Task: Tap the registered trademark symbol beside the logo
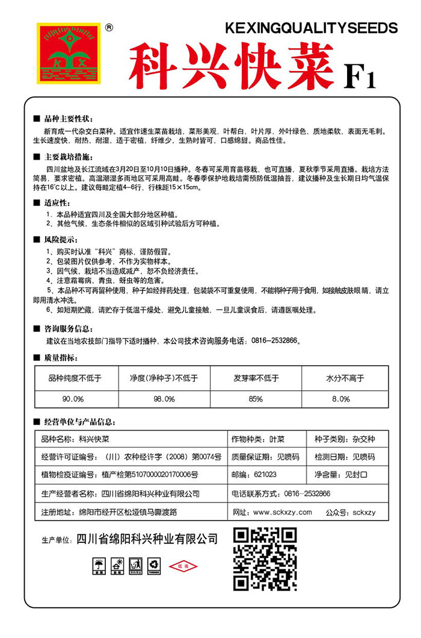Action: (x=109, y=27)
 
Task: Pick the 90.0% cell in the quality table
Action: (x=73, y=399)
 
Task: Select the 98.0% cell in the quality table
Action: (x=164, y=399)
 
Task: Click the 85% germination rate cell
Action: (x=255, y=399)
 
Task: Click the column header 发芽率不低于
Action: (x=256, y=379)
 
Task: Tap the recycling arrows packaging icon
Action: (x=155, y=565)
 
